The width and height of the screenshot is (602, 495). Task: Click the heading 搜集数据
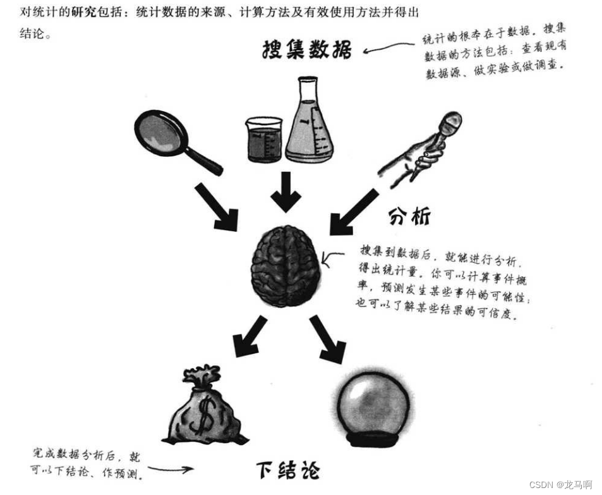coord(306,50)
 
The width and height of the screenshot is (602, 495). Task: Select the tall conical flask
coord(308,123)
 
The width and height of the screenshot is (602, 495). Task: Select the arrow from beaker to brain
coord(286,192)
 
